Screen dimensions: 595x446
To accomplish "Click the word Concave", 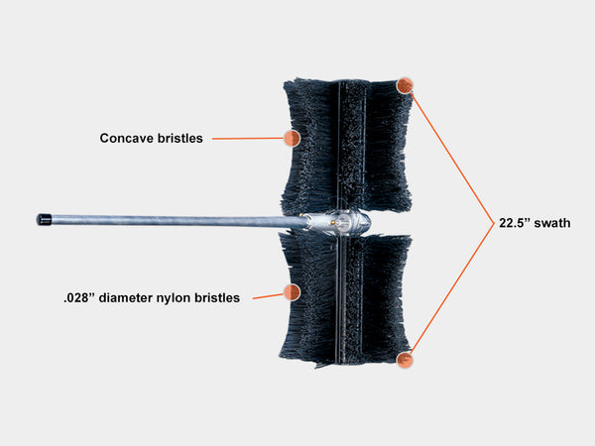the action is [x=127, y=138].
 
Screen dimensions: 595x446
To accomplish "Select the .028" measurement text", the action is [x=79, y=297].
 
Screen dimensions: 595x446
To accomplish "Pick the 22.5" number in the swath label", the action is [x=514, y=223].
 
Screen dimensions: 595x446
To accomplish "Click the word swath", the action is [x=552, y=223].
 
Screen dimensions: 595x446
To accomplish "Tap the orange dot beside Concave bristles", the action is [x=292, y=138].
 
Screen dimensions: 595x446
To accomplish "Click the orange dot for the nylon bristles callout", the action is [x=292, y=292].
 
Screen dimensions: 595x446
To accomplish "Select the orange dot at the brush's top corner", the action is [x=405, y=85].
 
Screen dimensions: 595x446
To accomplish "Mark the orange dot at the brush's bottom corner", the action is [x=405, y=360].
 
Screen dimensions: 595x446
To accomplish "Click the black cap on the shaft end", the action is [x=44, y=220].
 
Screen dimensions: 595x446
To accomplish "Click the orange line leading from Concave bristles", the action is [x=248, y=139].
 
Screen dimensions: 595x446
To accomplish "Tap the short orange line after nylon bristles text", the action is [x=268, y=296].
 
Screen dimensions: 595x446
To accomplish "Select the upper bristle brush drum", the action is [x=346, y=146].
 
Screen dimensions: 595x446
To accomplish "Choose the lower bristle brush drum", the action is [x=345, y=300].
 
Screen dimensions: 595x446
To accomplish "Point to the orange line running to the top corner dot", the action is [x=452, y=158].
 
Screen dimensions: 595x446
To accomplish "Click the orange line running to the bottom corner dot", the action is [x=452, y=288].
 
